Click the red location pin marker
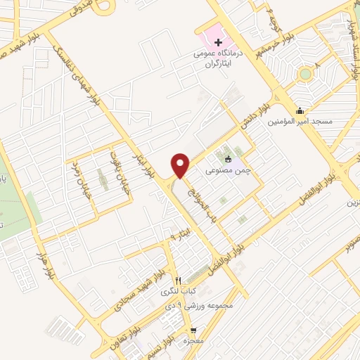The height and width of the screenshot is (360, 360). tap(181, 165)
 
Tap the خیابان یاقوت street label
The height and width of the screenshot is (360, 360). tap(111, 167)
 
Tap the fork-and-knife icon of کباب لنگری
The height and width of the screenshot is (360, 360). tap(178, 280)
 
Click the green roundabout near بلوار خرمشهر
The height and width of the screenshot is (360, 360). tap(304, 73)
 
